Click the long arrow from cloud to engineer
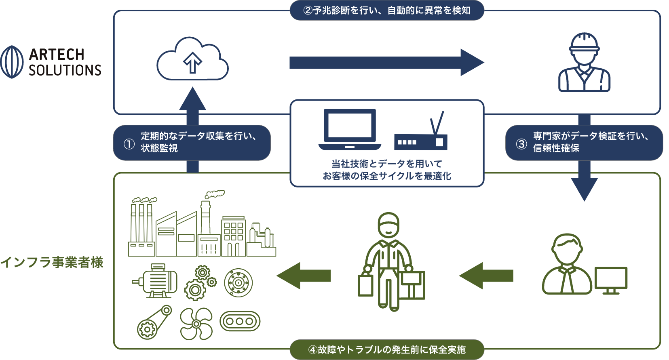click(386, 63)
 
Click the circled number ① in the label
click(129, 144)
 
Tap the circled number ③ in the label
click(521, 144)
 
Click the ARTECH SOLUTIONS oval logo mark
click(12, 62)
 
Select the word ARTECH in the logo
click(57, 54)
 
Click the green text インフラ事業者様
click(52, 262)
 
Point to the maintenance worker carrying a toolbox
click(390, 263)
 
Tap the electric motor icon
click(156, 280)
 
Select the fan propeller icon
click(196, 324)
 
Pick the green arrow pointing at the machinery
click(304, 276)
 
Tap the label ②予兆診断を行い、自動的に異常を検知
click(387, 11)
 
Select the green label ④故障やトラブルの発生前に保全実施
click(387, 349)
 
